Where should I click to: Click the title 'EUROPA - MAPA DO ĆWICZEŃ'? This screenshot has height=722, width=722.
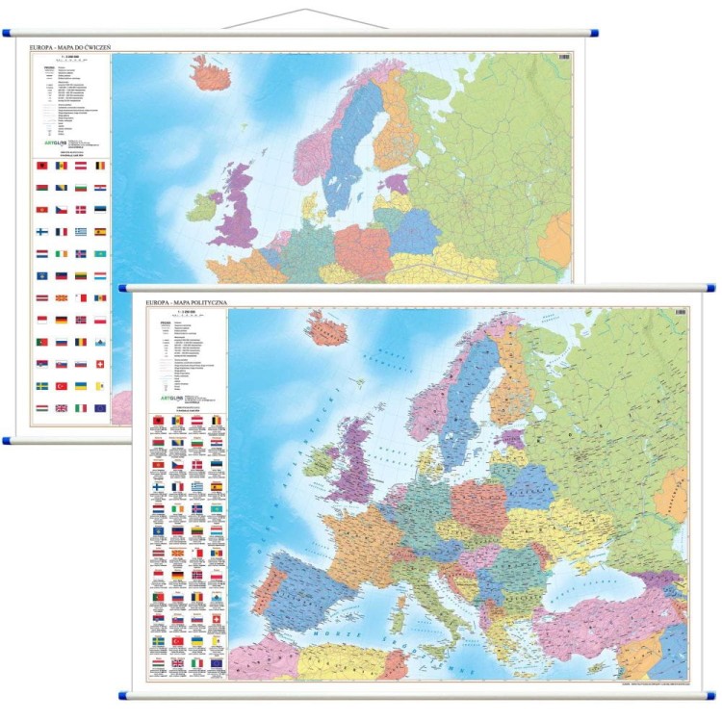[x=73, y=46]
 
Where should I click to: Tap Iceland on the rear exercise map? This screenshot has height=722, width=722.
[x=213, y=71]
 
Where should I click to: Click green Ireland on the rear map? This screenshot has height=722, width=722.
[x=203, y=206]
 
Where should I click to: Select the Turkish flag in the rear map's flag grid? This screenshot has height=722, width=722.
[x=60, y=385]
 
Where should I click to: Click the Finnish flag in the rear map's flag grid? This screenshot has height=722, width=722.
[x=41, y=231]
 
